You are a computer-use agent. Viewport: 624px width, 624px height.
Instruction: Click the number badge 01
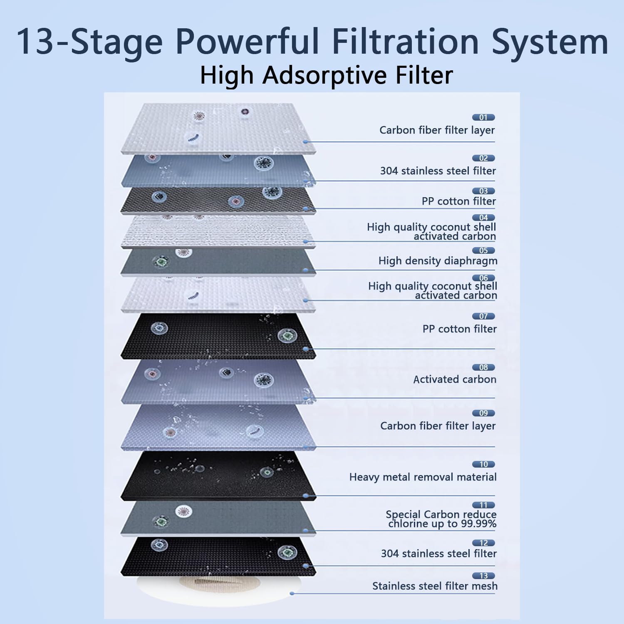click(483, 117)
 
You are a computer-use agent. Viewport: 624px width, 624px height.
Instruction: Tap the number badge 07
click(483, 316)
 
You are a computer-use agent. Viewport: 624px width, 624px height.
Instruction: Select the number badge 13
click(483, 576)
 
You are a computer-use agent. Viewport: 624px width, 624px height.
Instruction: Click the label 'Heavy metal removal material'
click(423, 477)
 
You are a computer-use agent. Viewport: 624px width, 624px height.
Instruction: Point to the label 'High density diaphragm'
click(438, 261)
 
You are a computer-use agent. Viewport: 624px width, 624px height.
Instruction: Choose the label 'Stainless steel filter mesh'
click(435, 586)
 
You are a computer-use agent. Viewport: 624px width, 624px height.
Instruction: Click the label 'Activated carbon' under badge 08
click(455, 379)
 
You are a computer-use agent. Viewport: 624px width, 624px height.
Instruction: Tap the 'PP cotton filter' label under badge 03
click(459, 201)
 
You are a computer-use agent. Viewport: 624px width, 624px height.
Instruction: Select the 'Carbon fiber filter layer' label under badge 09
click(438, 426)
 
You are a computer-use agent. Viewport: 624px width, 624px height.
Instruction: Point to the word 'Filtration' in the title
click(405, 42)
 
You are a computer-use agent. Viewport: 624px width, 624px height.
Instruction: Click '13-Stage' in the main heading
click(89, 42)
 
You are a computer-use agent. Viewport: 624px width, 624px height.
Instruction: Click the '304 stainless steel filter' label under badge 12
click(439, 554)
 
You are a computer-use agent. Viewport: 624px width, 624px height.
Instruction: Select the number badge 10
click(483, 464)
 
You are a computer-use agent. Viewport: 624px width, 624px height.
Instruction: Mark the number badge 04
click(483, 218)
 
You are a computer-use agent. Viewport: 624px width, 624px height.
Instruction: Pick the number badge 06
click(483, 278)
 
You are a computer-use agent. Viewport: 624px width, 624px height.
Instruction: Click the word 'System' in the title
click(550, 42)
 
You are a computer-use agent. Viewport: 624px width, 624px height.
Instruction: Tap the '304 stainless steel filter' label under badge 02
click(438, 171)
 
